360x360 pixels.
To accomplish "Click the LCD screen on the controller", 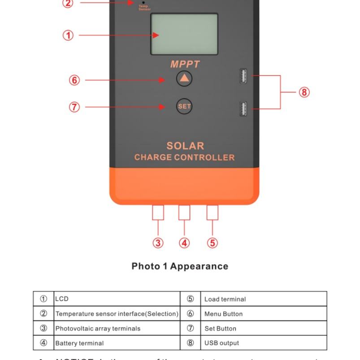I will (184, 34).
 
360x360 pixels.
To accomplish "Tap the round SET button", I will (184, 106).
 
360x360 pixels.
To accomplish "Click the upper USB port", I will (243, 76).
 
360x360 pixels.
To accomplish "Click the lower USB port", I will (243, 108).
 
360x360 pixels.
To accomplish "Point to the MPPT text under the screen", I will (185, 64).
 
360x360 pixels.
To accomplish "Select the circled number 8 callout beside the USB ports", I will (304, 92).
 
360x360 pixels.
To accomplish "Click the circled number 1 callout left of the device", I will (68, 35).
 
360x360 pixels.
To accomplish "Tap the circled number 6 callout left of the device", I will (74, 80).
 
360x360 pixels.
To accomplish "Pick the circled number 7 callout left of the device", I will (74, 107).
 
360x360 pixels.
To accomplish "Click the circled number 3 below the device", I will (158, 243).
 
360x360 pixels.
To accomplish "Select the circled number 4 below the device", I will (184, 243).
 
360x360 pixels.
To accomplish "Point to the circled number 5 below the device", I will (213, 243).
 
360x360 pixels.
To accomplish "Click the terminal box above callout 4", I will (184, 213).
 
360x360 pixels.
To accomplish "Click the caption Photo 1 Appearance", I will (180, 266).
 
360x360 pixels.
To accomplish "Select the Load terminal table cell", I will (263, 299).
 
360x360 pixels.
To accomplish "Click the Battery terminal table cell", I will (117, 343).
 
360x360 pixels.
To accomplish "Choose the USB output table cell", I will (263, 343).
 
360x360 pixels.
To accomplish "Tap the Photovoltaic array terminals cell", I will (117, 328).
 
